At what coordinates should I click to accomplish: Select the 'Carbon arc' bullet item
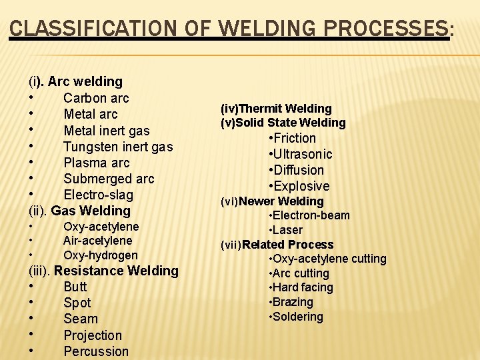[x=96, y=98]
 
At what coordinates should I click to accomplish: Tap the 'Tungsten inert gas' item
[x=117, y=147]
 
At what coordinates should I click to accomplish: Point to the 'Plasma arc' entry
[x=96, y=163]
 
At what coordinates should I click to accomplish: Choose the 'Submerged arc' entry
[x=108, y=179]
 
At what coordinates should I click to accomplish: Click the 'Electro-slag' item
[x=98, y=195]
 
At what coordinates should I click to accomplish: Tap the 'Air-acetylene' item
[x=97, y=241]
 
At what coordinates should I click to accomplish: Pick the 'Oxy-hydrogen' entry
[x=100, y=255]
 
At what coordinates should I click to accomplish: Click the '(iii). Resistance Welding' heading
[x=103, y=271]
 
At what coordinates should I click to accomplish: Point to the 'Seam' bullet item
[x=80, y=319]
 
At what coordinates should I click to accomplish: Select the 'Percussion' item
[x=96, y=351]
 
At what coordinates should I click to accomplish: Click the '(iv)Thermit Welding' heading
[x=275, y=108]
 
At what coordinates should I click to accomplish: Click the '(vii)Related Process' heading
[x=277, y=245]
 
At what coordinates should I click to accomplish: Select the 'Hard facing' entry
[x=301, y=287]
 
